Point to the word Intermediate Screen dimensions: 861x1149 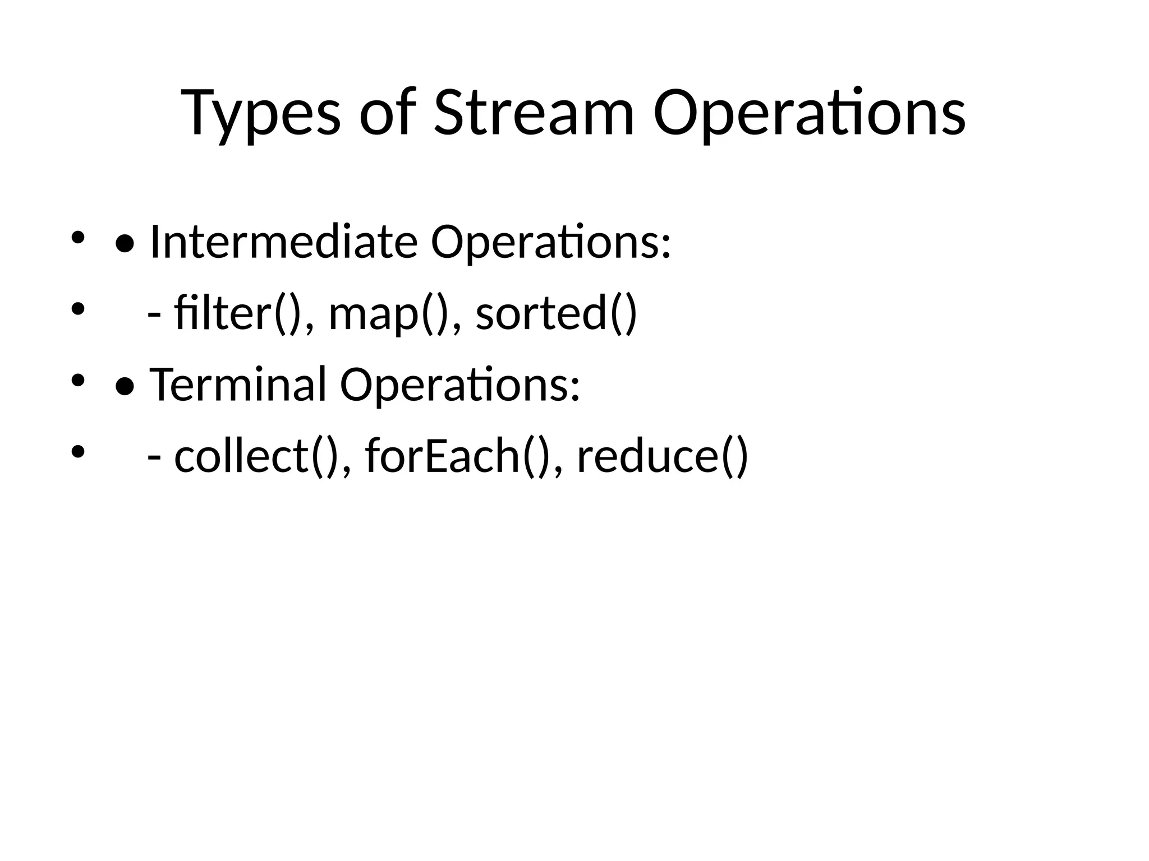[284, 242]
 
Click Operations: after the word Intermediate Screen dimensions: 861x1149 [550, 242]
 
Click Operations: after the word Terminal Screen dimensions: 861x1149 [459, 385]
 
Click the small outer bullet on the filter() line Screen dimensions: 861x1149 [77, 309]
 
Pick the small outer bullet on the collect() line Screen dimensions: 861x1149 [77, 451]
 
